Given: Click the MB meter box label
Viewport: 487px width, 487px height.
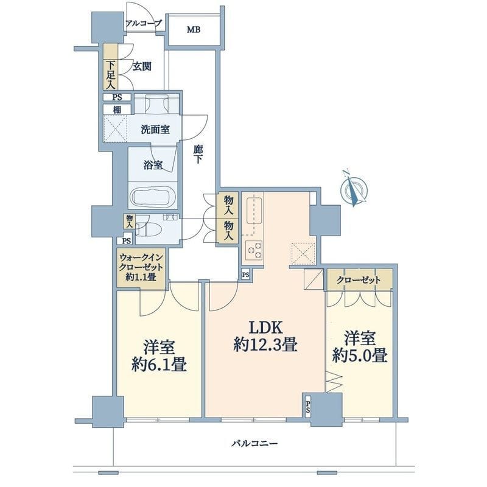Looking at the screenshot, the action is pyautogui.click(x=194, y=30).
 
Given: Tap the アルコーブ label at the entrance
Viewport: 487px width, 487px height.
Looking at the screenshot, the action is pyautogui.click(x=144, y=23).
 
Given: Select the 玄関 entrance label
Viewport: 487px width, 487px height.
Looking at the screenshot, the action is pyautogui.click(x=142, y=66).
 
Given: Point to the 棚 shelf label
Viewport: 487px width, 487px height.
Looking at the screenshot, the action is pyautogui.click(x=117, y=110).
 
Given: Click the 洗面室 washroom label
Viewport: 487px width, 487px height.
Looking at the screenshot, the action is pyautogui.click(x=155, y=130).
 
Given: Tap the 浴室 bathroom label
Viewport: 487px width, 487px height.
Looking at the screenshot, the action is pyautogui.click(x=153, y=165).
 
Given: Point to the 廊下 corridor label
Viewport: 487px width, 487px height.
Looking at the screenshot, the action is pyautogui.click(x=198, y=155).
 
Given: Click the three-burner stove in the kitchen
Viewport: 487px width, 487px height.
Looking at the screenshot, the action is pyautogui.click(x=254, y=250).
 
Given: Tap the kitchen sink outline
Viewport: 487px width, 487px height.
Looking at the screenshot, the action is pyautogui.click(x=254, y=211).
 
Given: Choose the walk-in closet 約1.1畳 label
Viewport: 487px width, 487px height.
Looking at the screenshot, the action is pyautogui.click(x=141, y=267).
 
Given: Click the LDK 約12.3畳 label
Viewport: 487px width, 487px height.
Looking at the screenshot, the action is pyautogui.click(x=265, y=337).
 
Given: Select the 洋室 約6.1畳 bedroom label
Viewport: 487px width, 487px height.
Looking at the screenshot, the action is pyautogui.click(x=159, y=356).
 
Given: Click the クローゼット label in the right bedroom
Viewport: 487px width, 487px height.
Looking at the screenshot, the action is pyautogui.click(x=359, y=280).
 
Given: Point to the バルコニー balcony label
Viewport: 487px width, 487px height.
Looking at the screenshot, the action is pyautogui.click(x=254, y=443).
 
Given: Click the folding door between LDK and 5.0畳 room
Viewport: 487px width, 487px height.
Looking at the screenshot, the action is pyautogui.click(x=334, y=382).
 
